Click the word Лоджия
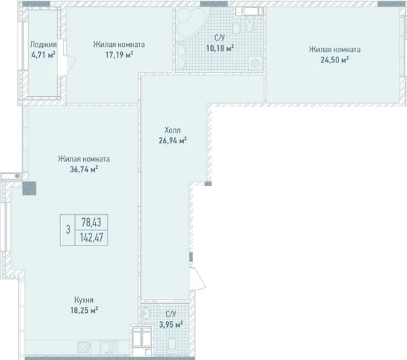point(43,45)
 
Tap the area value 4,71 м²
point(43,55)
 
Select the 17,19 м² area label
point(119,55)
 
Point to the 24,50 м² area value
point(335,60)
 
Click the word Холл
point(172,130)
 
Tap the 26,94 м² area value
point(173,141)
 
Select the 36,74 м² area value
point(84,169)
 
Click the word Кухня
point(84,300)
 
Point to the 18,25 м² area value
point(84,310)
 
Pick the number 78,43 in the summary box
point(92,223)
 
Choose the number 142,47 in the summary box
point(92,237)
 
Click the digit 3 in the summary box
point(68,230)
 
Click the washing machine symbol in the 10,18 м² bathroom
point(255,63)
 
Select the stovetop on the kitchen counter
point(85,347)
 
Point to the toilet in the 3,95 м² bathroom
point(172,343)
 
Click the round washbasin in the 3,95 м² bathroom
point(146,314)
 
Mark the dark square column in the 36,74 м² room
point(29,188)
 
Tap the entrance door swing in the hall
point(198,278)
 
